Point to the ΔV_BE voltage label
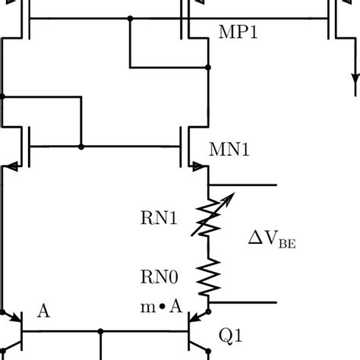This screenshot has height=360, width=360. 271,242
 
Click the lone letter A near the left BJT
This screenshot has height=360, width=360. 43,312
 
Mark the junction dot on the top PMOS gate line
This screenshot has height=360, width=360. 131,18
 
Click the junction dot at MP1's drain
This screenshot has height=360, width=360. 207,68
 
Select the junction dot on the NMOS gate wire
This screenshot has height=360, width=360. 81,145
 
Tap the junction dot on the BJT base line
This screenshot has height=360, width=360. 101,331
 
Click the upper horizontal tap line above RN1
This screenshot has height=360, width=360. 243,185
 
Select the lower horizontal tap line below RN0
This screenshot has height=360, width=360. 243,302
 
